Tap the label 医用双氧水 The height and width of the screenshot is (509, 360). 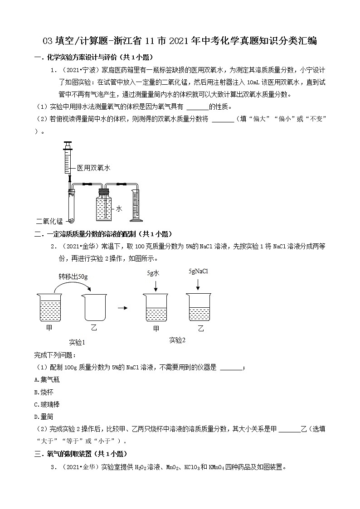coord(93,168)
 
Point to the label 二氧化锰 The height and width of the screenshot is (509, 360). coord(49,221)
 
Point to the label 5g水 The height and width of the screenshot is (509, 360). coord(153,273)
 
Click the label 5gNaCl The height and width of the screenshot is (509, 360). coord(198,271)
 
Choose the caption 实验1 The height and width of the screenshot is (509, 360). coord(77,342)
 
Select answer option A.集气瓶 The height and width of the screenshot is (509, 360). coord(47,379)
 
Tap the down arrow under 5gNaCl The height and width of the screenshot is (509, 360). coord(198,285)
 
